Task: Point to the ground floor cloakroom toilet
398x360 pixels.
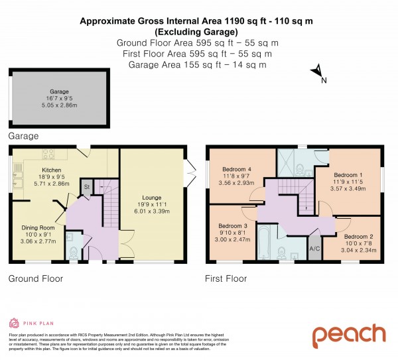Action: point(74,251)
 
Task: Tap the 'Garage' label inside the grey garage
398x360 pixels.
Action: point(58,92)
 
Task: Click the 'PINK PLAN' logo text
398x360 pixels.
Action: point(34,324)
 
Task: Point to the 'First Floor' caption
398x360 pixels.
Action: point(226,279)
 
